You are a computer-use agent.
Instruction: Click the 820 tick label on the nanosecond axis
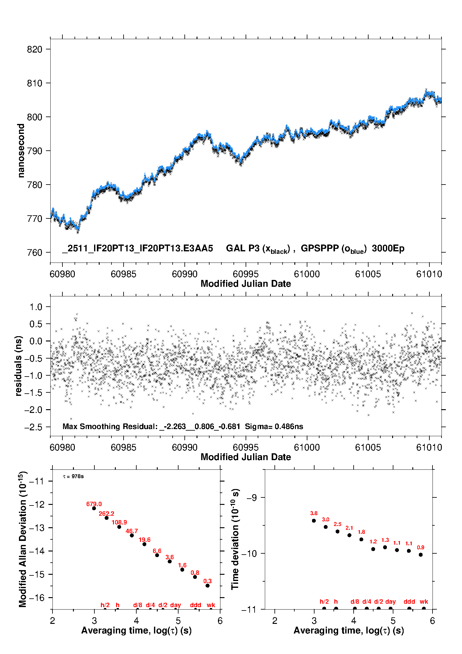coord(34,49)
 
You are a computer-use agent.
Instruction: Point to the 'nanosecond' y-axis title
coord(21,151)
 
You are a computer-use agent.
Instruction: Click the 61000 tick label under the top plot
coord(307,274)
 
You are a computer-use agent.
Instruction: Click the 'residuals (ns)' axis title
coord(19,366)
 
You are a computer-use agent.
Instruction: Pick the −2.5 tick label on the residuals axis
coord(33,427)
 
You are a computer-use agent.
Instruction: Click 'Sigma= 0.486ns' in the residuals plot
coord(274,427)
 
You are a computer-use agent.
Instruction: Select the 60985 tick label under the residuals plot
coord(123,447)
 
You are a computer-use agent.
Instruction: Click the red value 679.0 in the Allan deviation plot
coord(94,504)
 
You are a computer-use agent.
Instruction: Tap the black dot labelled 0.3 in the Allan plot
coord(207,585)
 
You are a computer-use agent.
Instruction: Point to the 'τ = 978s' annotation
coord(73,476)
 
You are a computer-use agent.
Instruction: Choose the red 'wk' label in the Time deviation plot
coord(424,601)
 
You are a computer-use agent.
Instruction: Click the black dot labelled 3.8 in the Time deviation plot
coord(314,520)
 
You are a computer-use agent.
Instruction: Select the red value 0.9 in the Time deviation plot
coord(420,547)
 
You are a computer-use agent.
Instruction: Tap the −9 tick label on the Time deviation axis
coord(251,498)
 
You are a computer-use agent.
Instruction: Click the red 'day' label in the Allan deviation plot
coord(175,605)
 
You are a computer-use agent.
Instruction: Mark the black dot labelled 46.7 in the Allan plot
coord(132,535)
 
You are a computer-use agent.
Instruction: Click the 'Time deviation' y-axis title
coord(235,539)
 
